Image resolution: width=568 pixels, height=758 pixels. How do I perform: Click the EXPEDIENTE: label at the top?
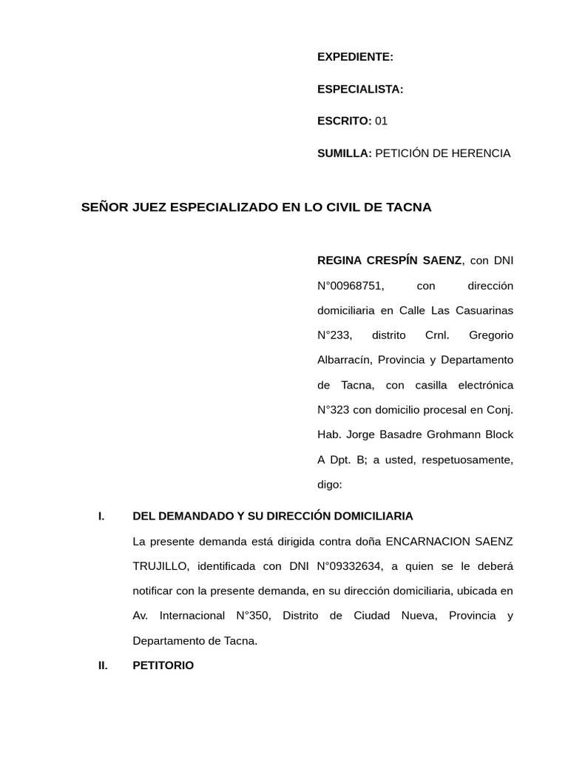355,57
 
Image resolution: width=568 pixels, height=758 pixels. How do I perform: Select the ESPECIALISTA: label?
360,90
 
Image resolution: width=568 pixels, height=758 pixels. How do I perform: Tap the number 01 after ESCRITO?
381,121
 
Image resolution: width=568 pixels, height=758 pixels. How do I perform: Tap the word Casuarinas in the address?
484,310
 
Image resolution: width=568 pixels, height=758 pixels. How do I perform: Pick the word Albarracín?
344,360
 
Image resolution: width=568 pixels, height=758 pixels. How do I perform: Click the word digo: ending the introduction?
330,485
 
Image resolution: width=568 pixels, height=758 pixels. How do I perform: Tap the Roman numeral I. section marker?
101,516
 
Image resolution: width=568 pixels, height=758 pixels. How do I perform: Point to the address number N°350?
254,616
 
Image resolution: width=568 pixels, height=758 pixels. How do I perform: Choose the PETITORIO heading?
163,665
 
